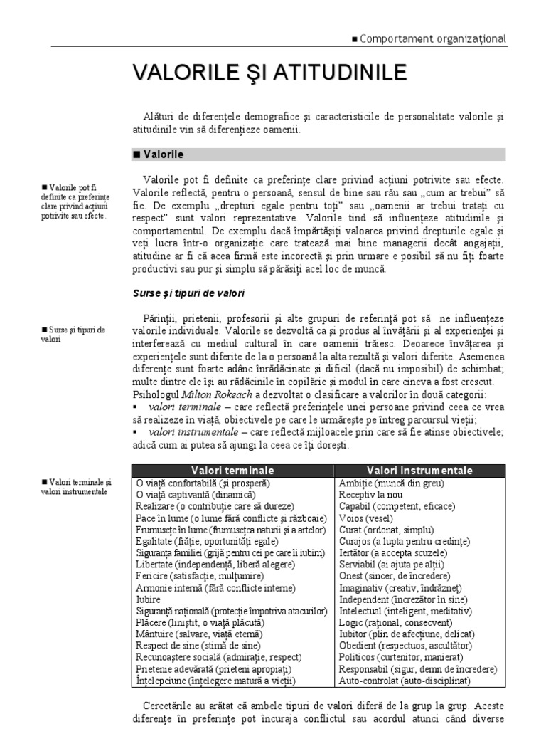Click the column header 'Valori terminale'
[x=233, y=471]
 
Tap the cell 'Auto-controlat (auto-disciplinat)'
[x=405, y=681]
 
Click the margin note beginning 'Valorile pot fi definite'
[x=75, y=201]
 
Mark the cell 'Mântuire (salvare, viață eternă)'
[x=198, y=634]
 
